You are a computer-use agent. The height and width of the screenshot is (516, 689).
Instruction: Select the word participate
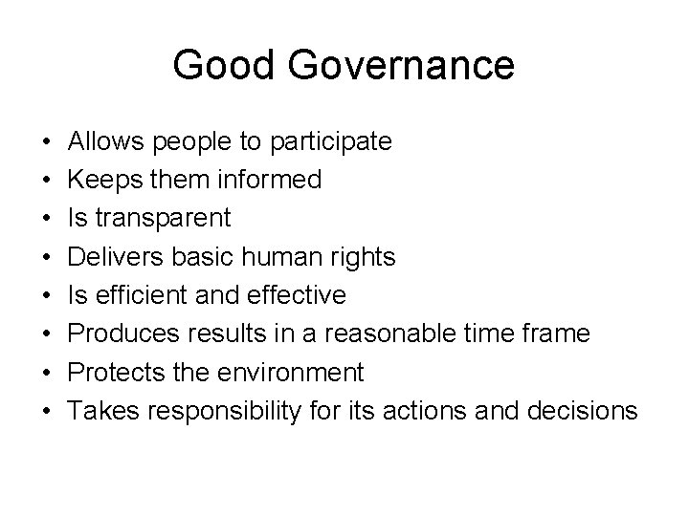(x=331, y=142)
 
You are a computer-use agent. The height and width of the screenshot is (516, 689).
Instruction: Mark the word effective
(x=300, y=295)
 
